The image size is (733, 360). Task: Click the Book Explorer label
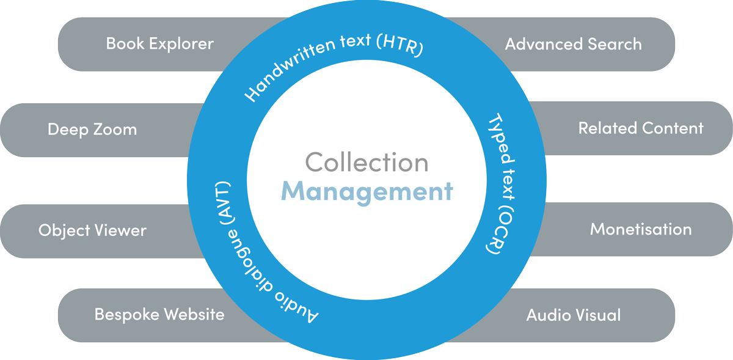coord(159,44)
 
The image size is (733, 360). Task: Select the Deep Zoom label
coord(92,130)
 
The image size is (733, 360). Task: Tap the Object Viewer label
coord(92,230)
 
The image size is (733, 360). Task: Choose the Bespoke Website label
coord(159,315)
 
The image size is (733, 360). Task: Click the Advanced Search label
coord(573,44)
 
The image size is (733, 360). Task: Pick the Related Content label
coord(641,128)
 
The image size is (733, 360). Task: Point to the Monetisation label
coord(641,229)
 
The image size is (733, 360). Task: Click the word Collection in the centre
coord(366,163)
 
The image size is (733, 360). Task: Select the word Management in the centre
coord(366,191)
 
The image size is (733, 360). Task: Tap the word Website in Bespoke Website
coord(192,315)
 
